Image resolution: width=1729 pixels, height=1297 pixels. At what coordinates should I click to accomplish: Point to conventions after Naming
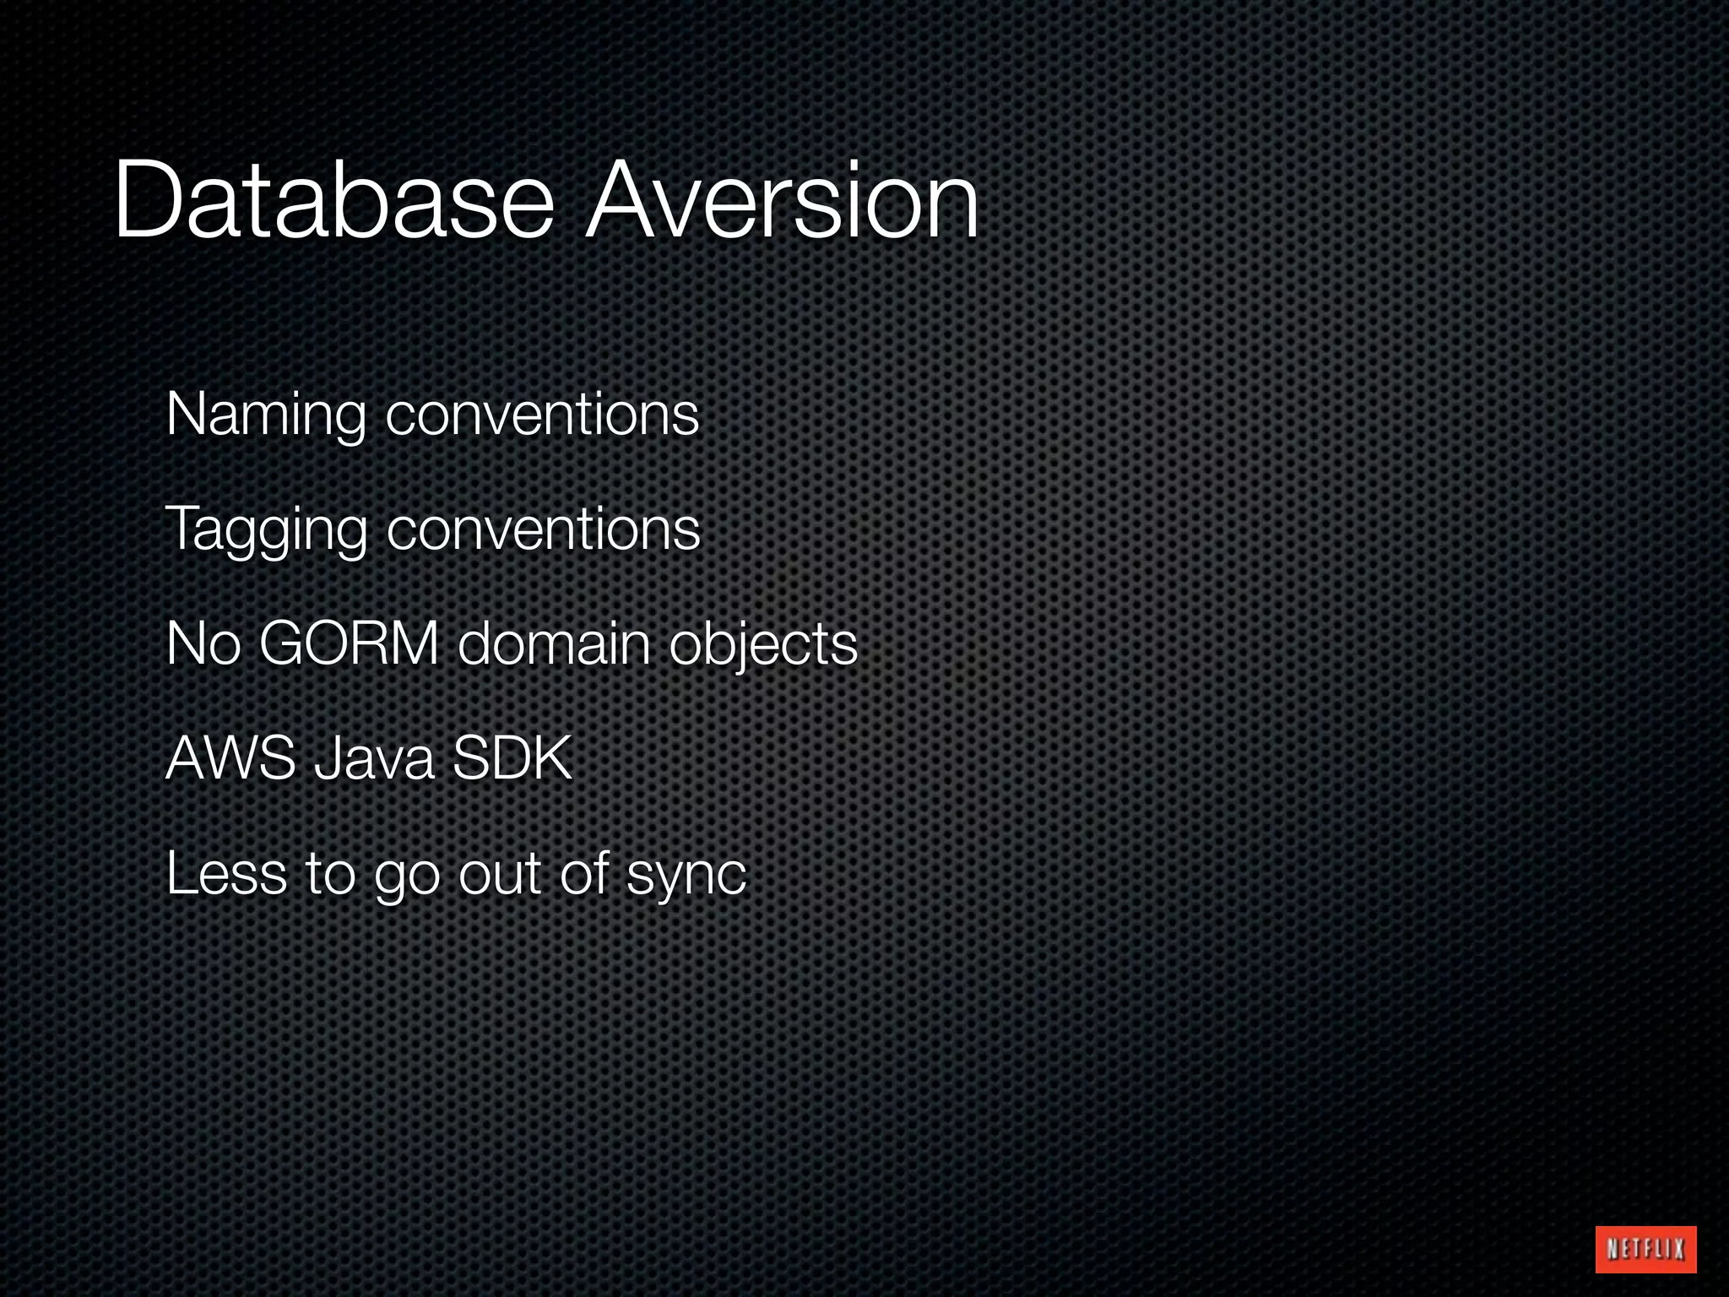click(543, 415)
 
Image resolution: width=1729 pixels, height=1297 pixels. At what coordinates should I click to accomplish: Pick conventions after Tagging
click(544, 530)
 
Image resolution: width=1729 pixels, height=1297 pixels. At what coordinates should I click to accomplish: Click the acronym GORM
click(349, 643)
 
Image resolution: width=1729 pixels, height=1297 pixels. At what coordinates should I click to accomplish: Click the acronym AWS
click(230, 758)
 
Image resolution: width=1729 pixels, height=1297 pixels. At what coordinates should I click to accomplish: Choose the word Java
click(374, 758)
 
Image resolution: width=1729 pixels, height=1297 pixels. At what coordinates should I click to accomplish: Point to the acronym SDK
click(512, 758)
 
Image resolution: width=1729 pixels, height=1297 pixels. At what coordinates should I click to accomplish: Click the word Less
click(226, 873)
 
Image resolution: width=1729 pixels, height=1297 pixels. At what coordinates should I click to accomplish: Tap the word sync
click(686, 875)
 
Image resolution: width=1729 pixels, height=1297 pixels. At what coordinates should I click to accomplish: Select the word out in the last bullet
click(499, 873)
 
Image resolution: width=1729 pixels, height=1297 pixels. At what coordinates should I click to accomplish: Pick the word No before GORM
click(203, 643)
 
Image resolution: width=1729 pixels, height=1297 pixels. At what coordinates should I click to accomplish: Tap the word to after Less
click(330, 873)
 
